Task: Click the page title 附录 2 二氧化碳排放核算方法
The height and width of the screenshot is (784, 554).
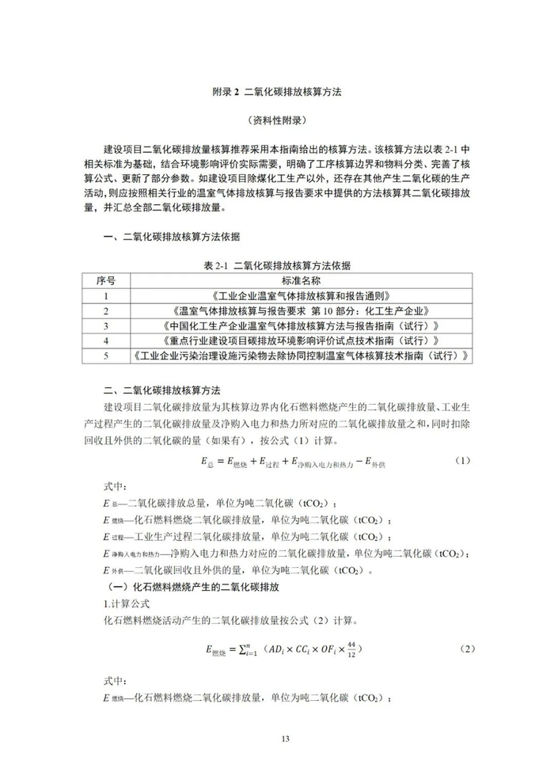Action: (277, 92)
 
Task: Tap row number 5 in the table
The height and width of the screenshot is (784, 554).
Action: (105, 356)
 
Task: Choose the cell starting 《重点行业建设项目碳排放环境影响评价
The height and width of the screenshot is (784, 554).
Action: (301, 341)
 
